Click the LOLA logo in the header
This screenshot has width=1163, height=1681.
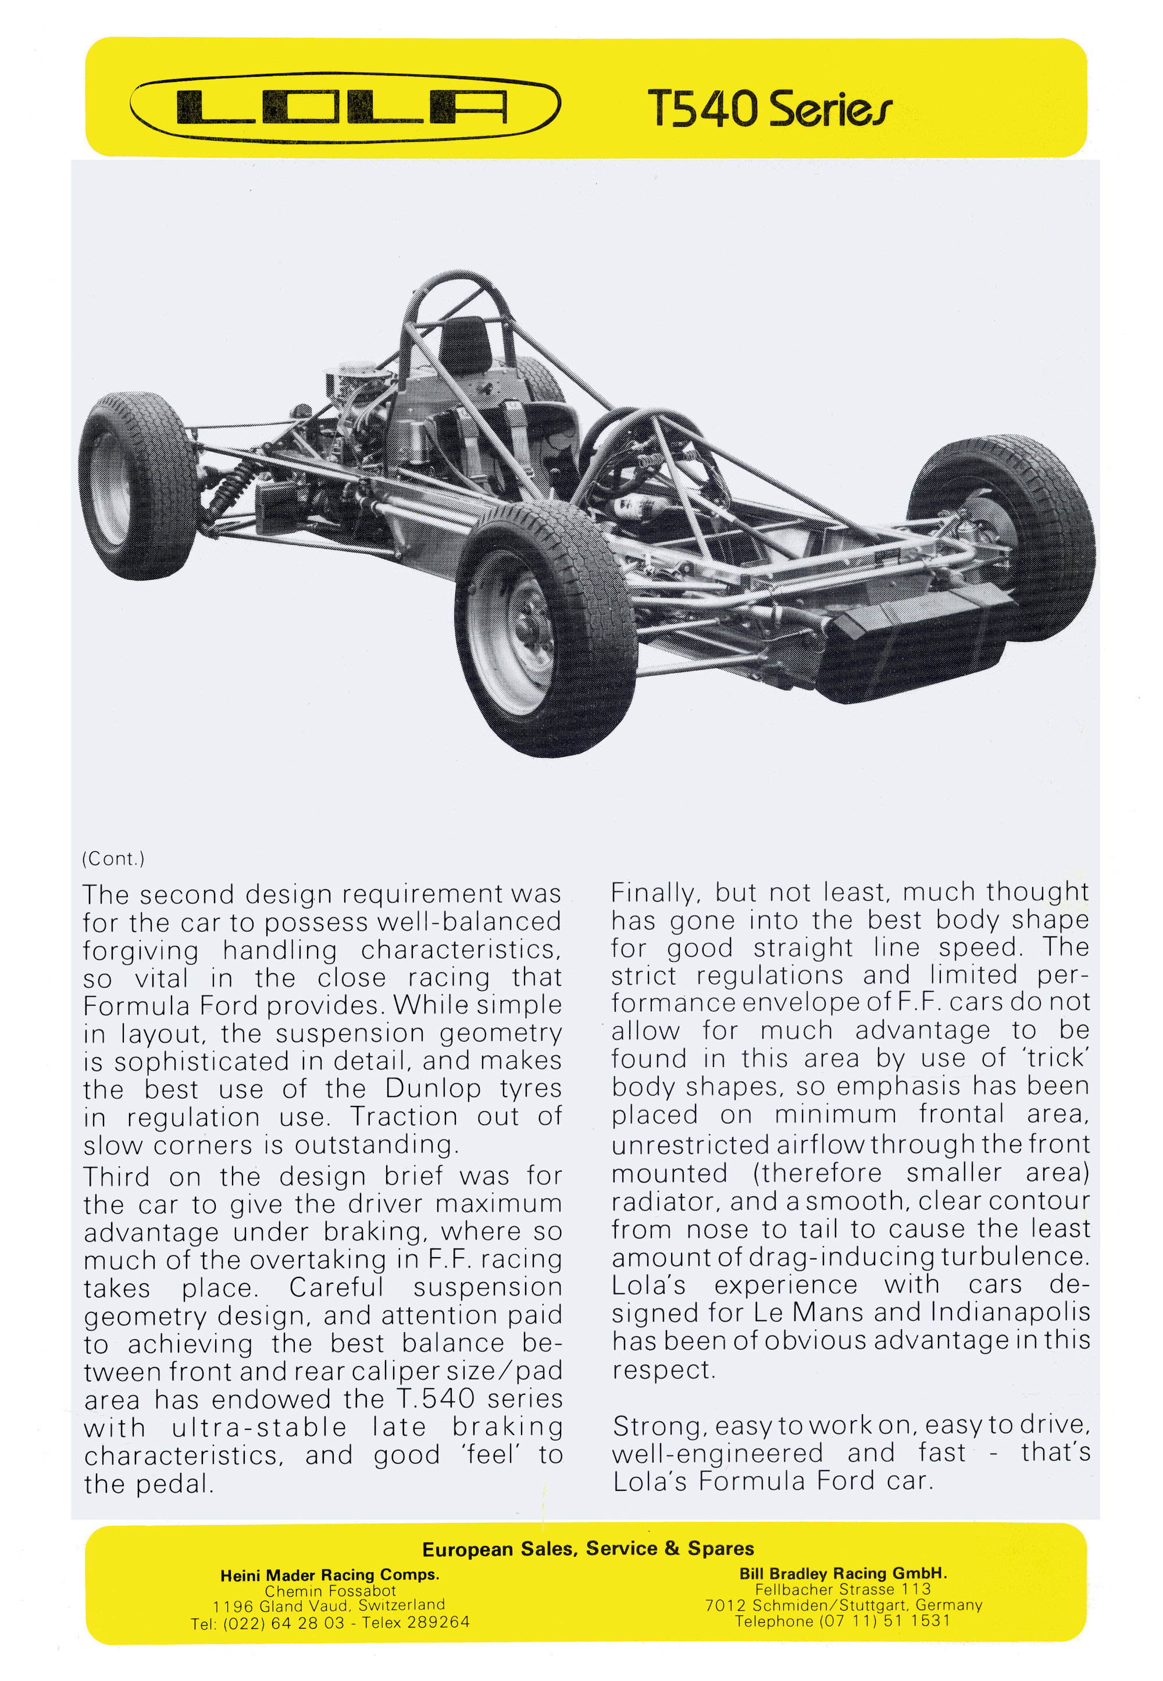345,107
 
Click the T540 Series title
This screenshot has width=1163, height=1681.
769,109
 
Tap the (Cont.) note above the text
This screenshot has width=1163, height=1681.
113,858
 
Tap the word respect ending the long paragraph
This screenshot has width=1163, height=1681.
663,1370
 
